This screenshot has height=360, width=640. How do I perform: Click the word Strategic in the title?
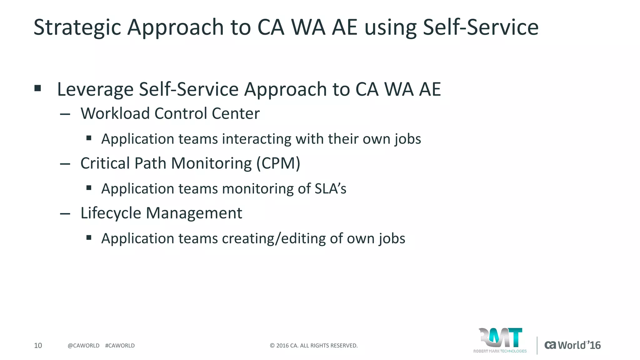[x=77, y=27]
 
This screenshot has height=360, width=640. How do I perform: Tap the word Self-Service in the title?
[x=480, y=27]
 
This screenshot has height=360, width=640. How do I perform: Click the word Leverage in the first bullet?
[x=95, y=89]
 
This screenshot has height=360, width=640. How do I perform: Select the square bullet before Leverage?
[x=38, y=88]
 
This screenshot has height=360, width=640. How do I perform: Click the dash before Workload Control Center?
[x=65, y=114]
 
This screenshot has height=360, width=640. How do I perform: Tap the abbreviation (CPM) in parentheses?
[x=278, y=163]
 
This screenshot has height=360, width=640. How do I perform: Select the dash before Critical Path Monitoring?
[x=65, y=164]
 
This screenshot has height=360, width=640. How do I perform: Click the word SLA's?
[x=330, y=188]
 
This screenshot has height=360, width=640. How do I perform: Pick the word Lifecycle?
[x=111, y=213]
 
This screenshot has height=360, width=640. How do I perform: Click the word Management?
[x=194, y=213]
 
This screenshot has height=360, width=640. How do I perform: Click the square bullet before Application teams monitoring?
[x=89, y=188]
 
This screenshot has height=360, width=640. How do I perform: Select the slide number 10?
[x=38, y=345]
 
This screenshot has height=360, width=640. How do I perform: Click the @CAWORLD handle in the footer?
[x=83, y=346]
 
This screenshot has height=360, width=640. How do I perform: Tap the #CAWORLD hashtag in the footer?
[x=120, y=346]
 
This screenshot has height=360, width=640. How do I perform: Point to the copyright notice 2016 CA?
[x=313, y=346]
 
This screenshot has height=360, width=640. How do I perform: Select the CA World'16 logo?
[x=572, y=345]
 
